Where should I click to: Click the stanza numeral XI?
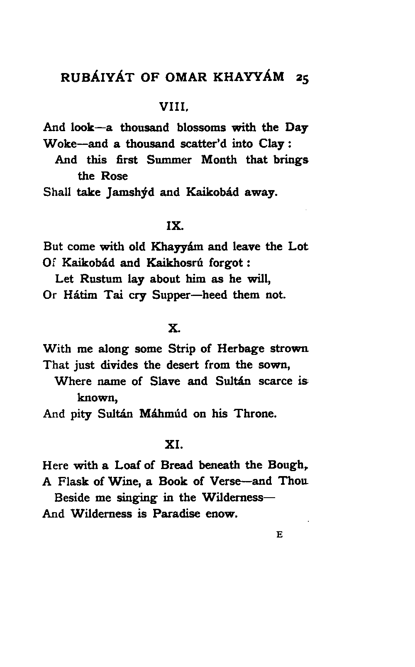pyautogui.click(x=173, y=445)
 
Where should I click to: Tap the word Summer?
pyautogui.click(x=169, y=160)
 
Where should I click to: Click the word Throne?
pyautogui.click(x=254, y=414)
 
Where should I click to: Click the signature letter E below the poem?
pyautogui.click(x=280, y=535)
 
